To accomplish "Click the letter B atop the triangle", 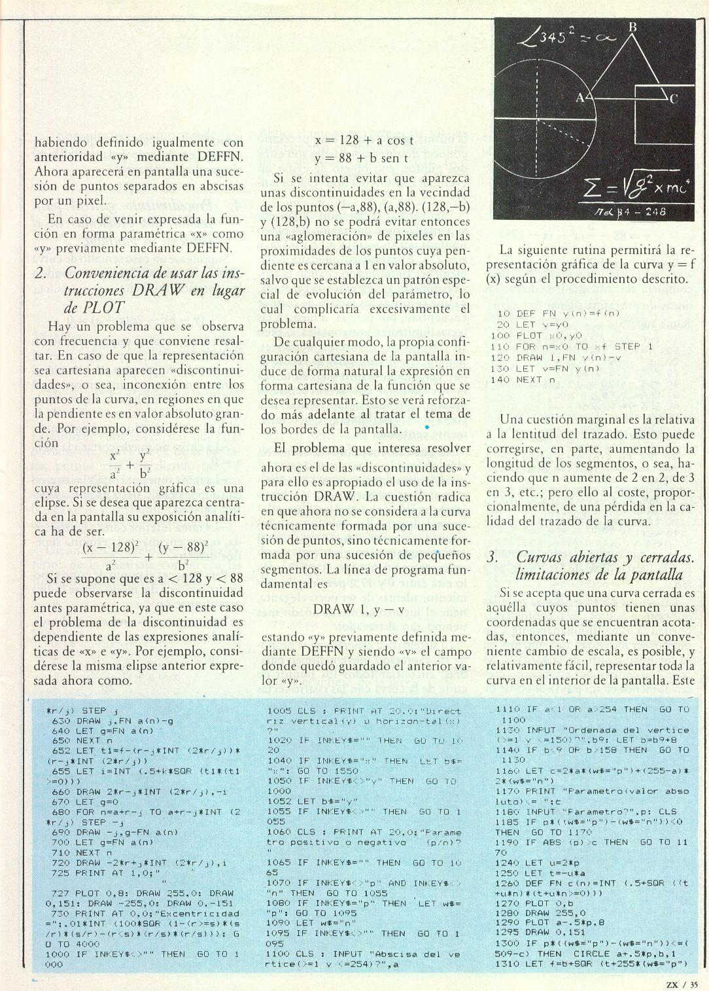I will (632, 27).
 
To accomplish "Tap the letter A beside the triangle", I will (579, 98).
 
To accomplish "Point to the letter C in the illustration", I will (673, 99).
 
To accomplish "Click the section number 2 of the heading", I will (41, 274).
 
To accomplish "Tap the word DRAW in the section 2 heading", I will (165, 291).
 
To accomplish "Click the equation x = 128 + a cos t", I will (364, 141).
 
